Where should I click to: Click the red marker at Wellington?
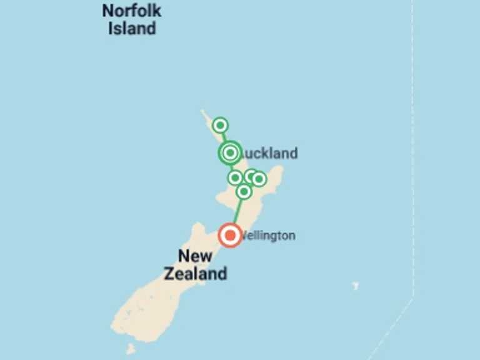(230, 235)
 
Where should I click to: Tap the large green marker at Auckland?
(230, 152)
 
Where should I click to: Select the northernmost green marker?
(220, 126)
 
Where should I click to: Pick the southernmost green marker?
(244, 191)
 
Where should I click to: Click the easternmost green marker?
(259, 179)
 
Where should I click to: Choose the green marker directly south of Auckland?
(235, 178)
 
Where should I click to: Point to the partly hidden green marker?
(250, 176)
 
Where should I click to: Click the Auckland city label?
(269, 153)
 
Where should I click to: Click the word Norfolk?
(132, 11)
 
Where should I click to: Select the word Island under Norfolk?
(132, 28)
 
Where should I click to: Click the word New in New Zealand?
(195, 256)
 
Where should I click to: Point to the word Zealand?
(195, 273)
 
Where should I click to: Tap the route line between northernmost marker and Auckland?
(224, 137)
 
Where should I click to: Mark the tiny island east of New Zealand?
(355, 286)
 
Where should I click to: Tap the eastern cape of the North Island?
(279, 170)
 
